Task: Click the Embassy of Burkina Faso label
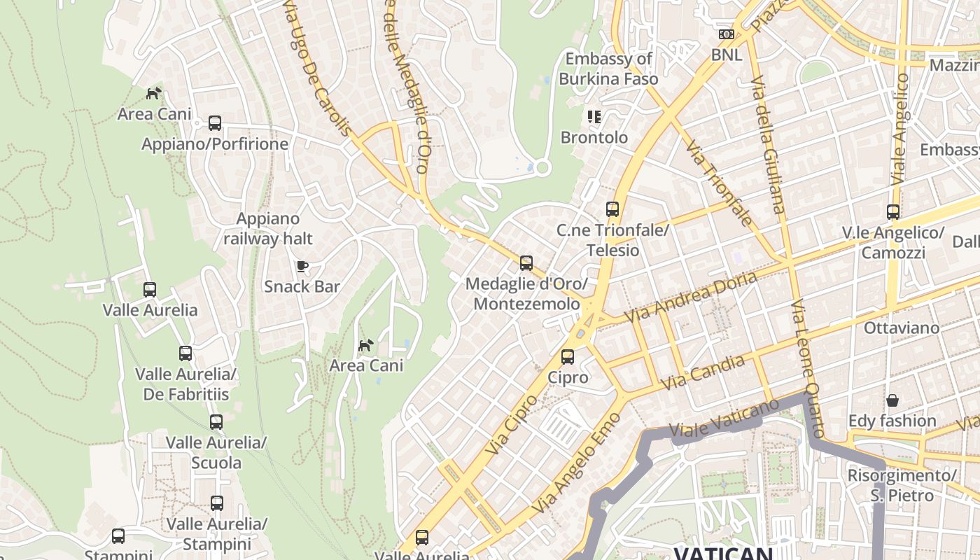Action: coord(608,69)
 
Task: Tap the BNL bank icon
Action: coord(726,34)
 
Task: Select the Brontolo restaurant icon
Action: coord(594,117)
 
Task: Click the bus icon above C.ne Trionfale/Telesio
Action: coord(612,209)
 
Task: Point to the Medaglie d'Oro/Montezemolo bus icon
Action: coord(526,263)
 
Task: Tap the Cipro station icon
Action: coord(568,357)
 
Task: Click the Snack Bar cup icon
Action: coord(302,266)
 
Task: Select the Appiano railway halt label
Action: coord(268,229)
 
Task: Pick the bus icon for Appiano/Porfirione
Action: coord(215,123)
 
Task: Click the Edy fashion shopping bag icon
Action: coord(892,400)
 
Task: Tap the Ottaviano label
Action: coord(901,328)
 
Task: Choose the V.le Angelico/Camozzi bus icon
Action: coord(892,211)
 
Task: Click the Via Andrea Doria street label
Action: coord(690,297)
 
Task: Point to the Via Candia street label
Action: coord(703,372)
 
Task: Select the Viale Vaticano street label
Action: coord(724,419)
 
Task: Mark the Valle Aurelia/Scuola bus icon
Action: coord(216,422)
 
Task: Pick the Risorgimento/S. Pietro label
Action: coord(901,485)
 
